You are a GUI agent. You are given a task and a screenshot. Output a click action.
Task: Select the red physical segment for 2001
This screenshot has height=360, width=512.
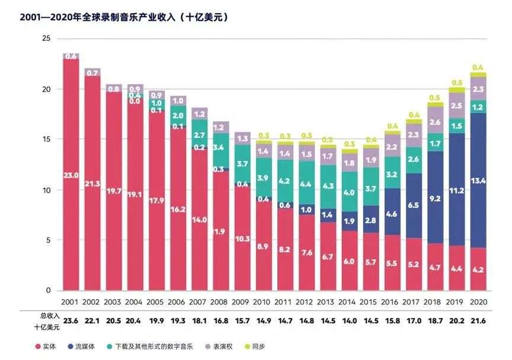tap(71, 175)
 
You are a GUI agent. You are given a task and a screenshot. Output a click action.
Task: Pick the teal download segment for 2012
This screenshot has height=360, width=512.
tap(306, 184)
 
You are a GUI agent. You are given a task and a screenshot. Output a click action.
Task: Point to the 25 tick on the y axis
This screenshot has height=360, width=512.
tap(46, 38)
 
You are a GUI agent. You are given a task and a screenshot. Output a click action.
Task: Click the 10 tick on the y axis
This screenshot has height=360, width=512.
tap(46, 190)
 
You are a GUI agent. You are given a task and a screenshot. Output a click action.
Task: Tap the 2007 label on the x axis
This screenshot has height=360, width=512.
tap(199, 301)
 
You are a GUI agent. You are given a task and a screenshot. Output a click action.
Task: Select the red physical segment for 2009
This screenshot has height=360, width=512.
tap(242, 239)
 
